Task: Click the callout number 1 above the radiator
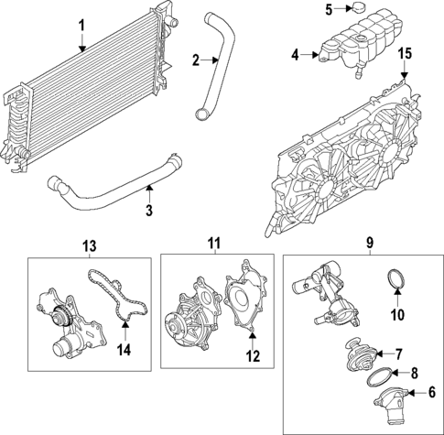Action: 81,23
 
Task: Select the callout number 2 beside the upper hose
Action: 194,60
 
